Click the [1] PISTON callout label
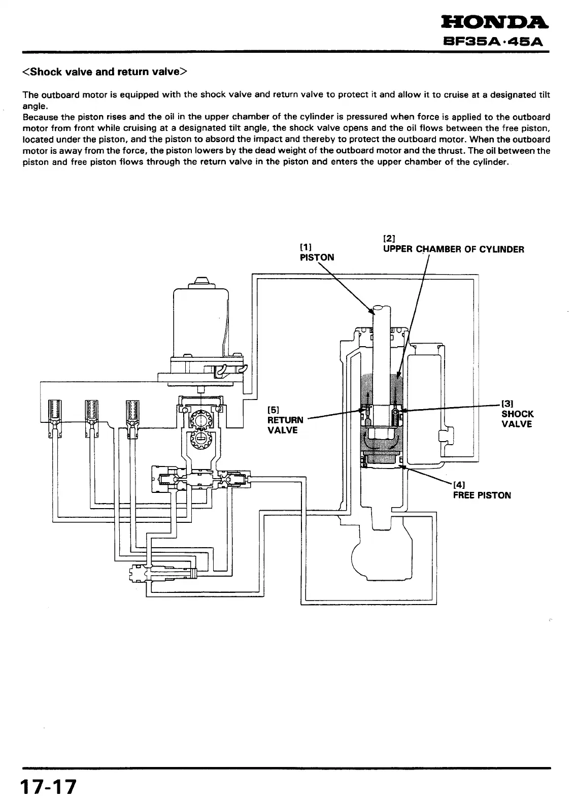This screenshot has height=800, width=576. point(317,252)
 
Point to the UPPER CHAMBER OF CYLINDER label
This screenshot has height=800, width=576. point(453,249)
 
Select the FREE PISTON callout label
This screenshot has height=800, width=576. point(482,495)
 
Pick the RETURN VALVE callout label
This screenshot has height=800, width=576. point(285,420)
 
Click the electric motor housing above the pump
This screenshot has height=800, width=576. point(201,320)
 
